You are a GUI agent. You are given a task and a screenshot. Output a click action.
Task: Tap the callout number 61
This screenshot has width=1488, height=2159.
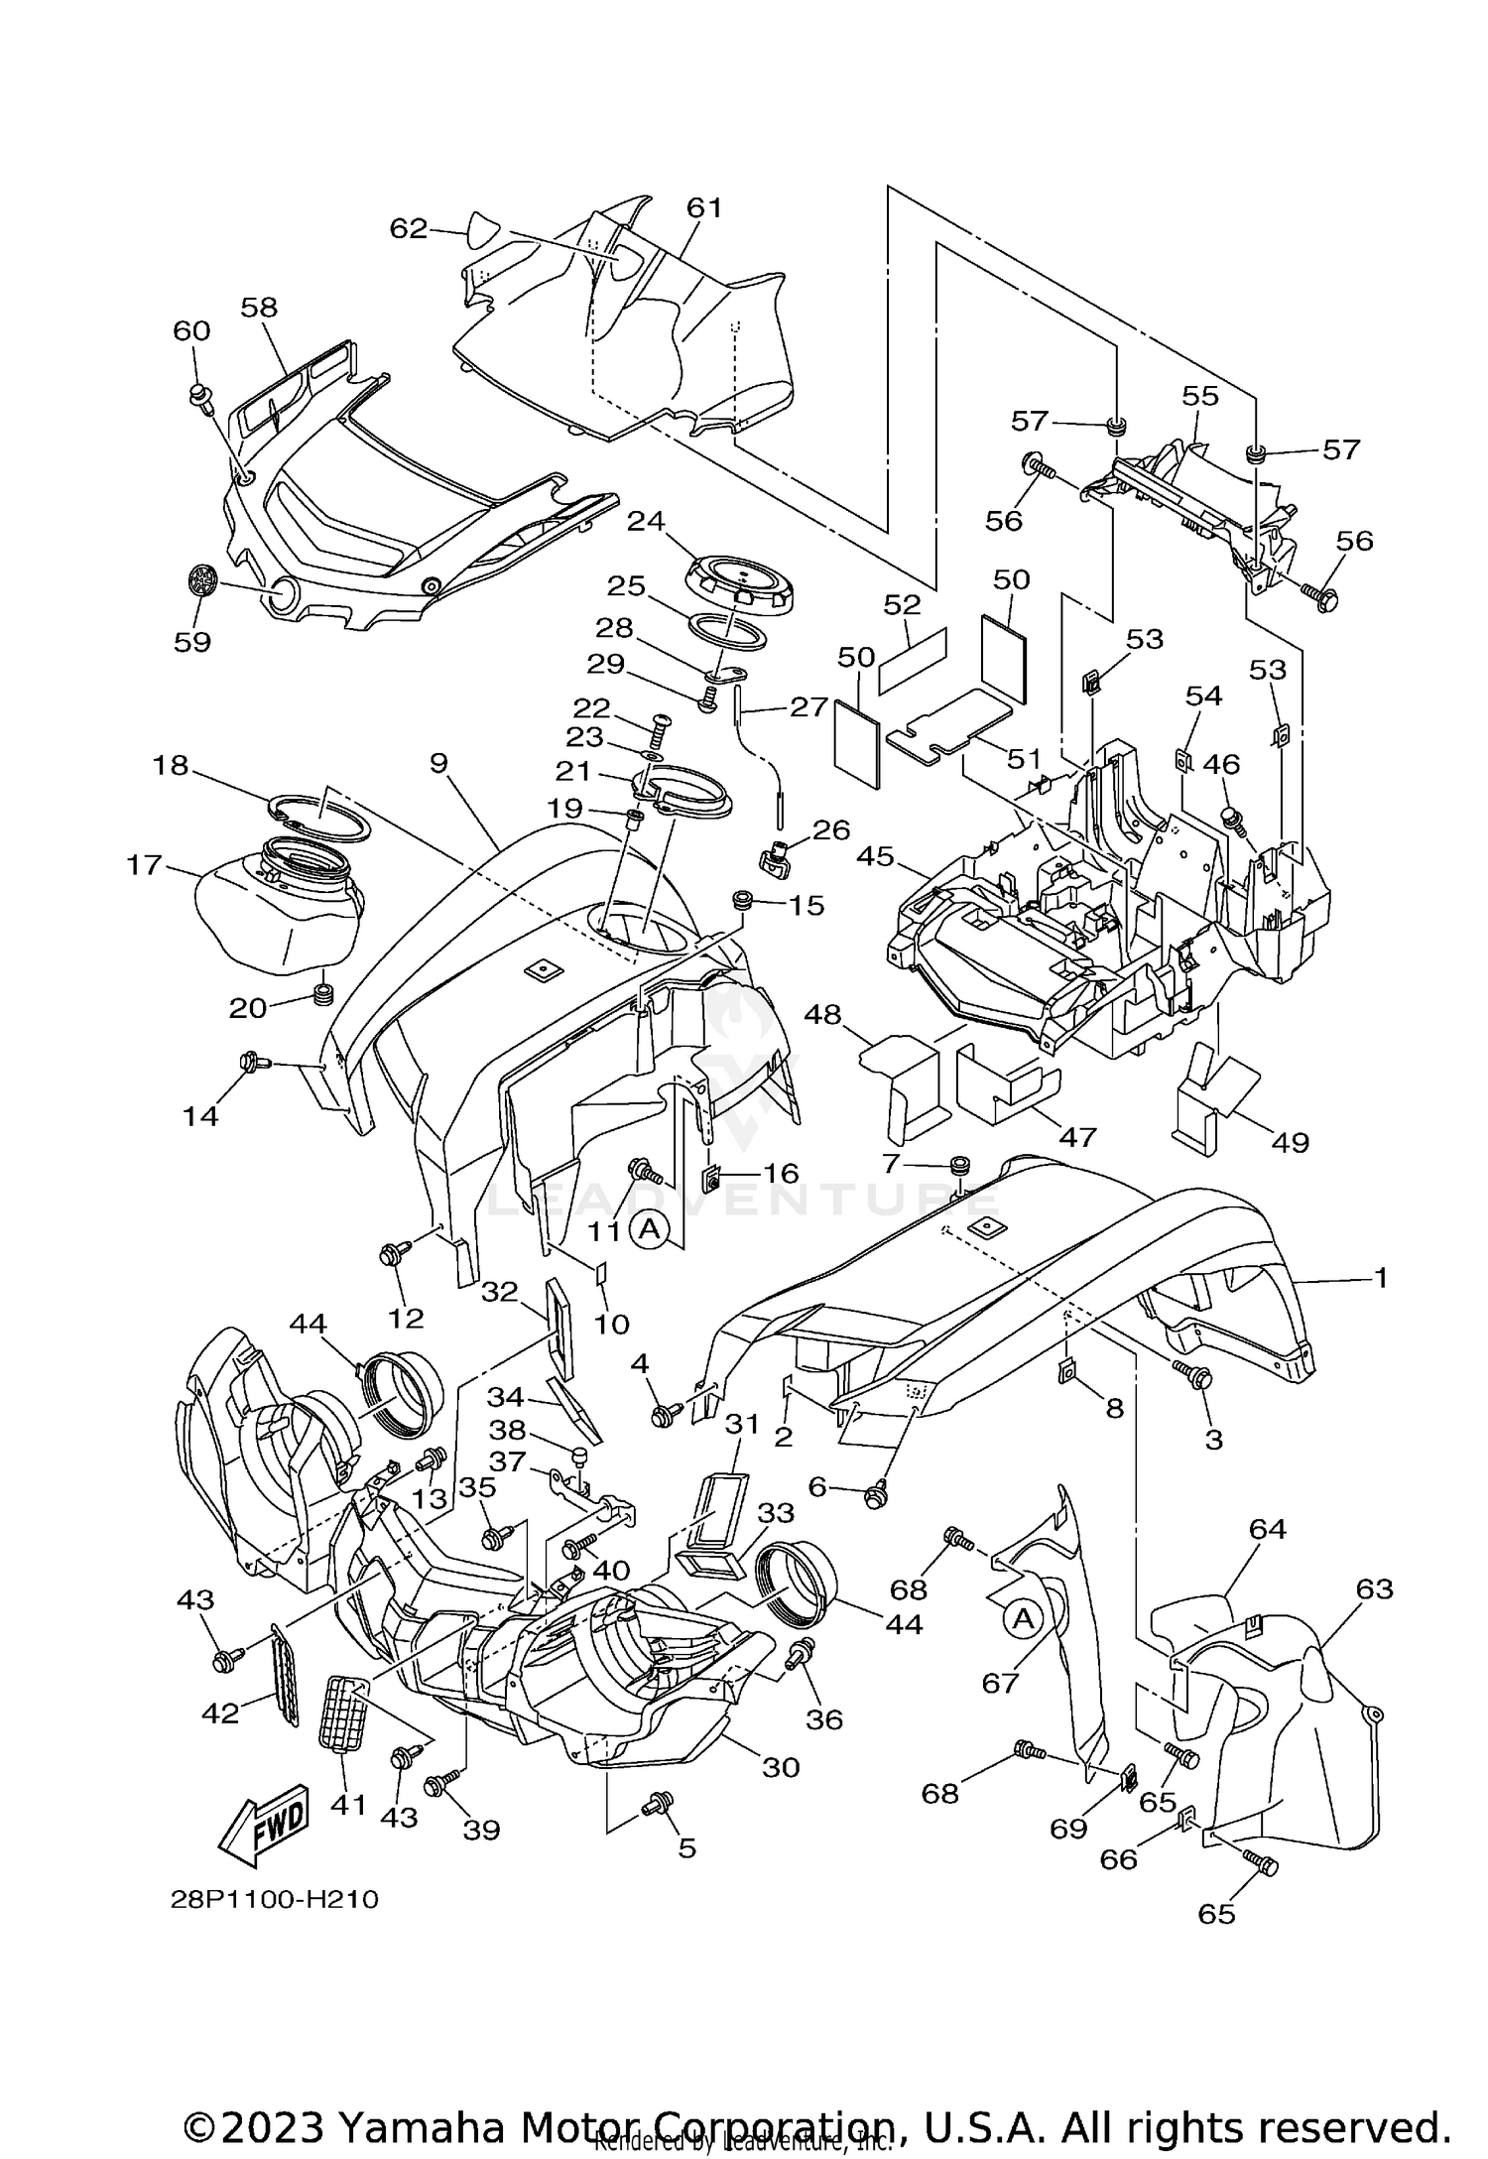[704, 208]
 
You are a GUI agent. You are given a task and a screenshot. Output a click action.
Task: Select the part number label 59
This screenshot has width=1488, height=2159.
[192, 642]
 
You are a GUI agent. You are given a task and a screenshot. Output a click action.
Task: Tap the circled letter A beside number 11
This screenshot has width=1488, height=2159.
[649, 1230]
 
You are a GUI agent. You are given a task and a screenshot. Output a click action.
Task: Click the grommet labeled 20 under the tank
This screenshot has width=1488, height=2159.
[321, 993]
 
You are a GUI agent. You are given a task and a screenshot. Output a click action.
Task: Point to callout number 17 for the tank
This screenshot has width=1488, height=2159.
[144, 865]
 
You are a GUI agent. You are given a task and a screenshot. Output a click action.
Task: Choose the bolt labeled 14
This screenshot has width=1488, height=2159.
[249, 1064]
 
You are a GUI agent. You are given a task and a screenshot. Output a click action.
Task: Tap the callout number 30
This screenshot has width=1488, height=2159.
[781, 1767]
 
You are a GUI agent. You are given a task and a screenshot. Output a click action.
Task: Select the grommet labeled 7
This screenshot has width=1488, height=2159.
[959, 1164]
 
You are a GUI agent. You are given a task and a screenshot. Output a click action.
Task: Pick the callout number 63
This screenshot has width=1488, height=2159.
[1375, 1588]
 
